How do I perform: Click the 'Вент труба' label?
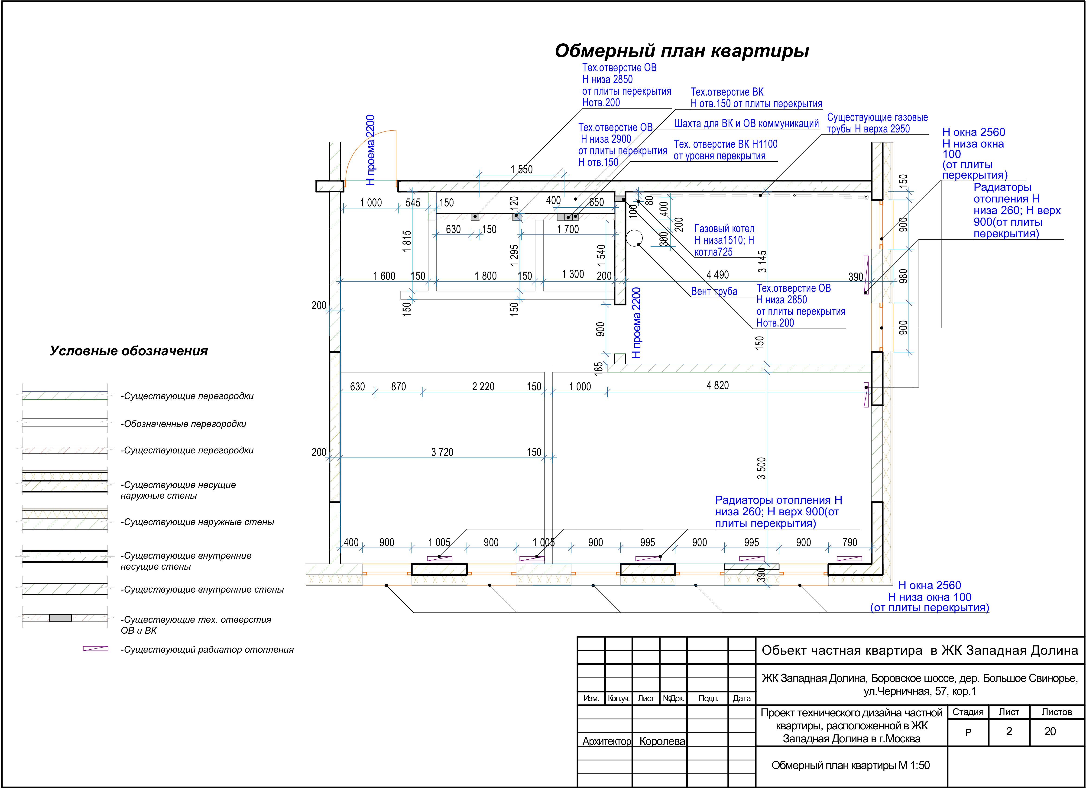pyautogui.click(x=714, y=291)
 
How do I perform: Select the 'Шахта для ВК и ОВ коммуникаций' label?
pyautogui.click(x=746, y=123)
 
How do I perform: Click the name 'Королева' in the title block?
pyautogui.click(x=662, y=741)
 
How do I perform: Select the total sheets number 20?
pyautogui.click(x=1050, y=731)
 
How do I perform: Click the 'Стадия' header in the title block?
pyautogui.click(x=968, y=712)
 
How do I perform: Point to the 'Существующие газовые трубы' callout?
pyautogui.click(x=877, y=123)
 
